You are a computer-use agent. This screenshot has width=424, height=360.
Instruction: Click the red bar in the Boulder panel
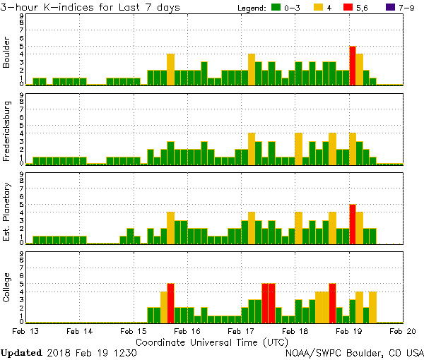pyautogui.click(x=353, y=66)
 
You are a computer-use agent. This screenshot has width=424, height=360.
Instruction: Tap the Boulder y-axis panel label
pyautogui.click(x=7, y=53)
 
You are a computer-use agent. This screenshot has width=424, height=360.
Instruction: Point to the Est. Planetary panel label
pyautogui.click(x=7, y=211)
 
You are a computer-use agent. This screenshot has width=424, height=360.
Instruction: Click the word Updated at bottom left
pyautogui.click(x=21, y=352)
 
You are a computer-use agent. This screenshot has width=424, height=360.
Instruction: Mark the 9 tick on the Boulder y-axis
pyautogui.click(x=21, y=16)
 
